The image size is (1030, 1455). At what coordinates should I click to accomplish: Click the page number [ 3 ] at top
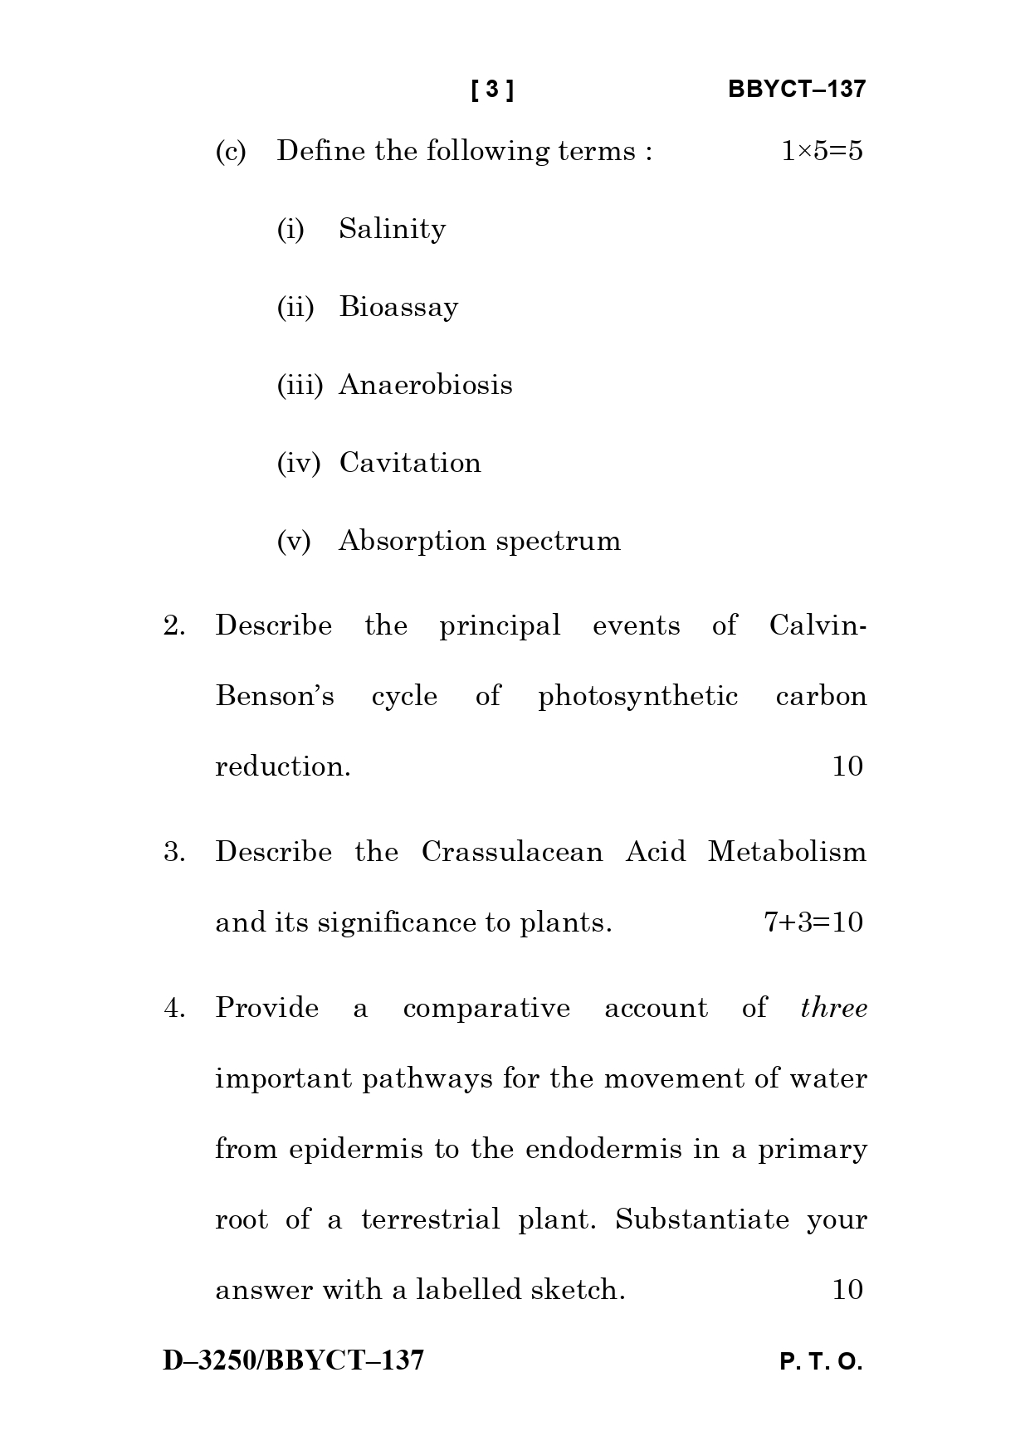(492, 90)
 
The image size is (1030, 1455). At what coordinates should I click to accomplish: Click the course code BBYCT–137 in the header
(796, 90)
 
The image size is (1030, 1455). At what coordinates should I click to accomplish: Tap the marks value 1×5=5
(821, 151)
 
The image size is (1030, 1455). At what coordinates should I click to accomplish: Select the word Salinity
(392, 229)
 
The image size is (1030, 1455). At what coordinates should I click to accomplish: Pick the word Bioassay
(398, 307)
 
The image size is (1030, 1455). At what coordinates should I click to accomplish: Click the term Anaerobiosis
(425, 385)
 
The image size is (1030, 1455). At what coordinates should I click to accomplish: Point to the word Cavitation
(410, 463)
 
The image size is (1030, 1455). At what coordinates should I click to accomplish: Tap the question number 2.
(173, 625)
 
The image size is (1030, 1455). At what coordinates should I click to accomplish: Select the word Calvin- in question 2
(818, 625)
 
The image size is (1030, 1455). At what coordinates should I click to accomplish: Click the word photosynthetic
(637, 696)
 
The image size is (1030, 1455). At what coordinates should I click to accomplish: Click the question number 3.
(173, 852)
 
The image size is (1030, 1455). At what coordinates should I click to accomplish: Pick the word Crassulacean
(512, 852)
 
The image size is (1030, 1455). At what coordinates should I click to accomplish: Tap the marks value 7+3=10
(813, 922)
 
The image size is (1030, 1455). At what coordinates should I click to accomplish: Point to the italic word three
(833, 1008)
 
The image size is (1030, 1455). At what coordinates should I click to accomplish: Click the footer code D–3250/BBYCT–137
(293, 1360)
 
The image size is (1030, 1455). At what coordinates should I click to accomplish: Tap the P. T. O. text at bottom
(821, 1362)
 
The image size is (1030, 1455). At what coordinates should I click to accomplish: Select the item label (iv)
(298, 463)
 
